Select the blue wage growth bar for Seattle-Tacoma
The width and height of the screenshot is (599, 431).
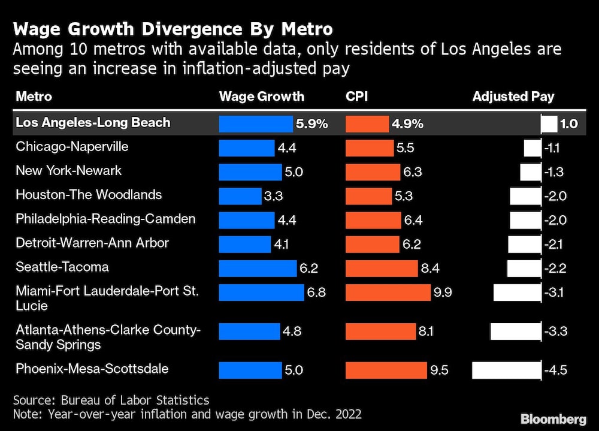[258, 269]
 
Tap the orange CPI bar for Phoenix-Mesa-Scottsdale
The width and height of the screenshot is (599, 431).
[386, 370]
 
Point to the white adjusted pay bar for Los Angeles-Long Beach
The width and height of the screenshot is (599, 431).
[549, 124]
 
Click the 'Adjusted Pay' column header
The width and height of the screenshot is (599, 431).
[513, 97]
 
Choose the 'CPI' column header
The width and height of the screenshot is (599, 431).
[358, 97]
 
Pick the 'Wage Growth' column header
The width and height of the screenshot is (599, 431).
[262, 97]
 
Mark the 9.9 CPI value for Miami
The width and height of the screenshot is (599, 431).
[445, 293]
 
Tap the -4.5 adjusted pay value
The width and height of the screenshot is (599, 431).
[555, 370]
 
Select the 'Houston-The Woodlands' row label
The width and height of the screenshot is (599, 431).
[89, 195]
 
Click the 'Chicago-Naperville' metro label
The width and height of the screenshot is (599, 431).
[72, 147]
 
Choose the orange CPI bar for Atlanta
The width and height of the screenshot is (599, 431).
[381, 331]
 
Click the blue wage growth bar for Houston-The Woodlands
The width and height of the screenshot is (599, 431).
[240, 196]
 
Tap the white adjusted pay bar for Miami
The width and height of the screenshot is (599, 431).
[518, 293]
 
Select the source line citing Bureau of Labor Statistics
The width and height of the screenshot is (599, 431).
[111, 399]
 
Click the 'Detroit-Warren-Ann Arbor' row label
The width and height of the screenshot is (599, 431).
[92, 243]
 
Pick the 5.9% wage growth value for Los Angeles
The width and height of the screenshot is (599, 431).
[312, 124]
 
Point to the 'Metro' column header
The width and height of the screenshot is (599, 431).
[34, 97]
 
